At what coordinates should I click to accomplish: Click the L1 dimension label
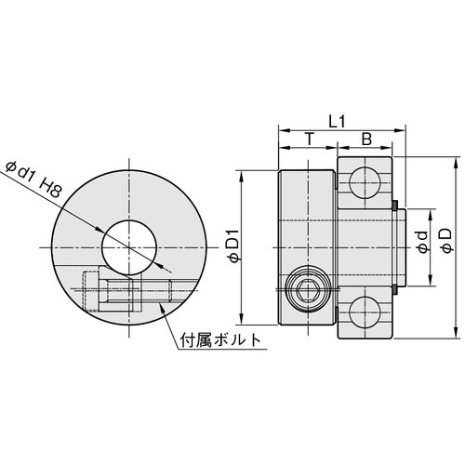(x=339, y=120)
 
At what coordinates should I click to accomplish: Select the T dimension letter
(x=308, y=139)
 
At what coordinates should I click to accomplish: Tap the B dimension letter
(x=366, y=139)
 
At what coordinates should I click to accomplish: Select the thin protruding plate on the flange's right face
(x=399, y=246)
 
